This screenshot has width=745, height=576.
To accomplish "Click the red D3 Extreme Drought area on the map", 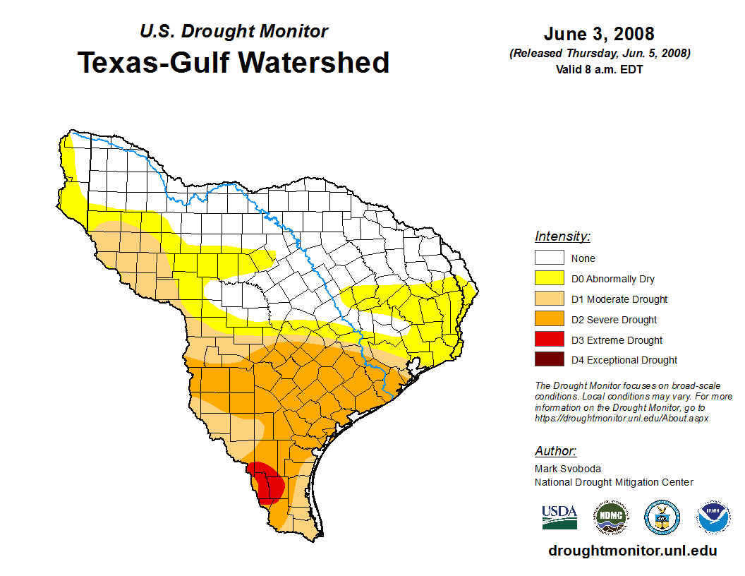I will pyautogui.click(x=267, y=482).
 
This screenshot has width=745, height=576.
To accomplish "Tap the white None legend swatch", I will pyautogui.click(x=549, y=258).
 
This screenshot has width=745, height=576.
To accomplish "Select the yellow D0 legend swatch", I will pyautogui.click(x=549, y=279).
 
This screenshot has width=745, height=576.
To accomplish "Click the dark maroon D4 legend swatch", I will pyautogui.click(x=549, y=360).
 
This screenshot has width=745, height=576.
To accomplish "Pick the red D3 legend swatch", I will pyautogui.click(x=549, y=340).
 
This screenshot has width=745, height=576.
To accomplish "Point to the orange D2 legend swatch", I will pyautogui.click(x=549, y=319).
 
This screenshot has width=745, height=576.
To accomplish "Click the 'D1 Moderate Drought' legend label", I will pyautogui.click(x=619, y=299).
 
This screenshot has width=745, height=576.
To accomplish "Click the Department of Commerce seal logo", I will pyautogui.click(x=662, y=517).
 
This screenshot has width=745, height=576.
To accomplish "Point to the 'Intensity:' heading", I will pyautogui.click(x=562, y=236).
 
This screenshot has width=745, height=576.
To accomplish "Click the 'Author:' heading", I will pyautogui.click(x=555, y=451).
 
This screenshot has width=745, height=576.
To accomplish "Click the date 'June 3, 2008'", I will pyautogui.click(x=599, y=34).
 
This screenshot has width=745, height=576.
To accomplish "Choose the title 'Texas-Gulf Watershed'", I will pyautogui.click(x=234, y=62).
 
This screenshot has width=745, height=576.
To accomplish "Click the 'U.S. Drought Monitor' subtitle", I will pyautogui.click(x=234, y=31).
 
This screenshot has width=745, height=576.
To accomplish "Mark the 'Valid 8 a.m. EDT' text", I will pyautogui.click(x=599, y=69).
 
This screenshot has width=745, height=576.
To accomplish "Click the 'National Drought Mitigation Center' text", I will pyautogui.click(x=614, y=482).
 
